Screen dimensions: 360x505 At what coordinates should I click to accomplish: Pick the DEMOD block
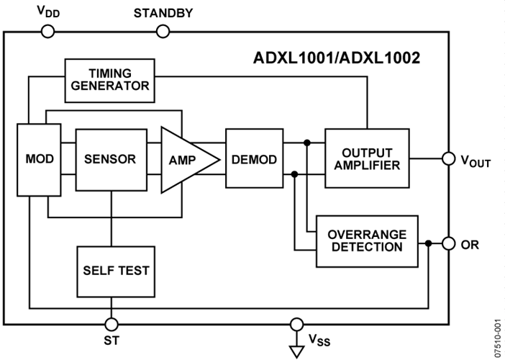[254, 159]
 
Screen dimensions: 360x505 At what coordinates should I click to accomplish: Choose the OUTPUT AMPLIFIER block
[367, 158]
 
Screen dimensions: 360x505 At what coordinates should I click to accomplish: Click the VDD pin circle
[47, 31]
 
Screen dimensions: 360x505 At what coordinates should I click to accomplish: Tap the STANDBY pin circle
[163, 31]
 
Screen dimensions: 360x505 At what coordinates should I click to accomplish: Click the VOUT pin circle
[447, 158]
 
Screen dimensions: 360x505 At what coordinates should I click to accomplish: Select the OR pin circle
[447, 243]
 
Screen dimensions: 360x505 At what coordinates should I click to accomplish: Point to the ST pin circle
[111, 323]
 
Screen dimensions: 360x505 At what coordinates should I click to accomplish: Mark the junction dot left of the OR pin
[429, 243]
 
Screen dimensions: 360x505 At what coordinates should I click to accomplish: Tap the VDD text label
[45, 12]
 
